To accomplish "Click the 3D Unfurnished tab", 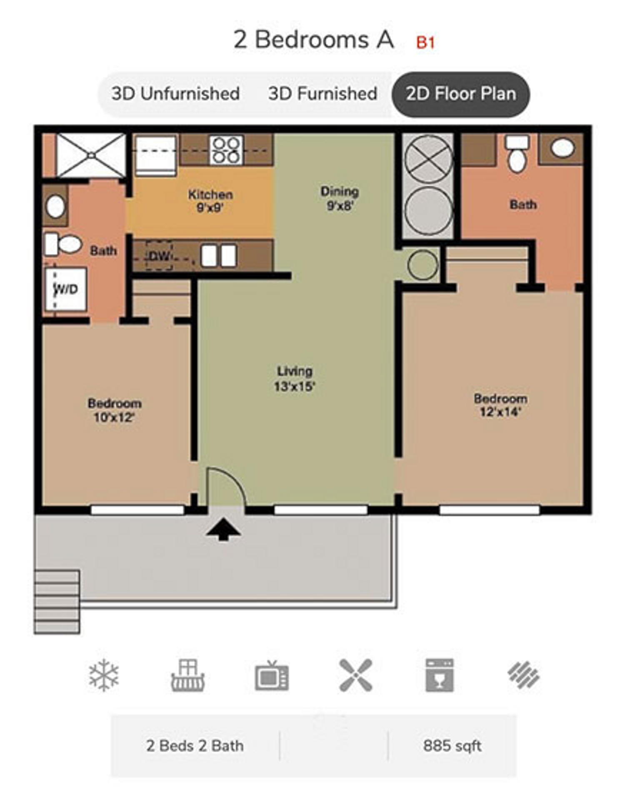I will [x=175, y=94].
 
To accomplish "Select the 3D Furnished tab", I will [x=323, y=94].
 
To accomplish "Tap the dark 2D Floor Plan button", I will [x=461, y=94].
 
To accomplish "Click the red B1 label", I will [x=425, y=42].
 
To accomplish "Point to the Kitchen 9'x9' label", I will [x=210, y=200].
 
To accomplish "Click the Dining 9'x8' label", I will [x=340, y=198].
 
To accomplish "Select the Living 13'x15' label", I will [x=294, y=379].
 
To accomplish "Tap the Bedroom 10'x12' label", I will [x=114, y=410].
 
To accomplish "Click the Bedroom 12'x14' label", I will [x=500, y=405].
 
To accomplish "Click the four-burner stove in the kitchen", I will [x=226, y=150].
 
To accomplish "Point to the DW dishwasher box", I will [x=159, y=256].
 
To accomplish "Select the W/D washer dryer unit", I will [x=66, y=289].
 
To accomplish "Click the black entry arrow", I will [x=223, y=529].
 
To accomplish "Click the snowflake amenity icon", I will [x=104, y=675].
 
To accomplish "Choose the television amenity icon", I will [x=271, y=675].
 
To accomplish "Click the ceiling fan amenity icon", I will [x=355, y=675].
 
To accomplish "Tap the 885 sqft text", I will [x=452, y=745].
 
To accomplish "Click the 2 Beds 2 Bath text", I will [x=195, y=745].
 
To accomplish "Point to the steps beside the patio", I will [x=57, y=601].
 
